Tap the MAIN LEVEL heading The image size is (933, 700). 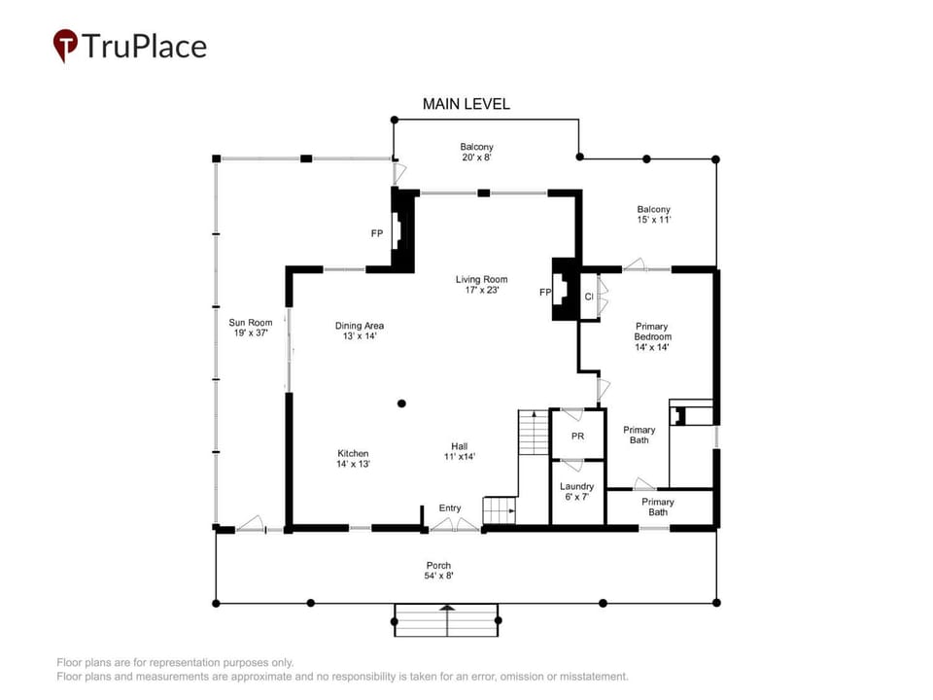pyautogui.click(x=466, y=104)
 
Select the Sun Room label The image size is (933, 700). pyautogui.click(x=251, y=328)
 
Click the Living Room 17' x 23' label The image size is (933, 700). pyautogui.click(x=481, y=285)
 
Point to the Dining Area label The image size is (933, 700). pyautogui.click(x=360, y=331)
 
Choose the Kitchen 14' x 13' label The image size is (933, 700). pyautogui.click(x=353, y=458)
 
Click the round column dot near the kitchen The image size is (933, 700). pyautogui.click(x=401, y=403)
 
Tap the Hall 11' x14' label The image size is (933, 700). pyautogui.click(x=460, y=451)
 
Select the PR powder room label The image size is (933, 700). pyautogui.click(x=577, y=437)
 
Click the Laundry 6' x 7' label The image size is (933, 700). pyautogui.click(x=576, y=491)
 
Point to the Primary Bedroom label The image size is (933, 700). pyautogui.click(x=652, y=336)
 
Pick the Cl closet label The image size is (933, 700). pyautogui.click(x=589, y=297)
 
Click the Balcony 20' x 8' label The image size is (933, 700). pyautogui.click(x=476, y=152)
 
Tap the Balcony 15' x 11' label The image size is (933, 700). pyautogui.click(x=653, y=214)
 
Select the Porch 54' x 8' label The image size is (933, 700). pyautogui.click(x=438, y=571)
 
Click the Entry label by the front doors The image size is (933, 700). pyautogui.click(x=450, y=507)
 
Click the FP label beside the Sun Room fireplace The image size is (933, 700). pyautogui.click(x=377, y=233)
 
